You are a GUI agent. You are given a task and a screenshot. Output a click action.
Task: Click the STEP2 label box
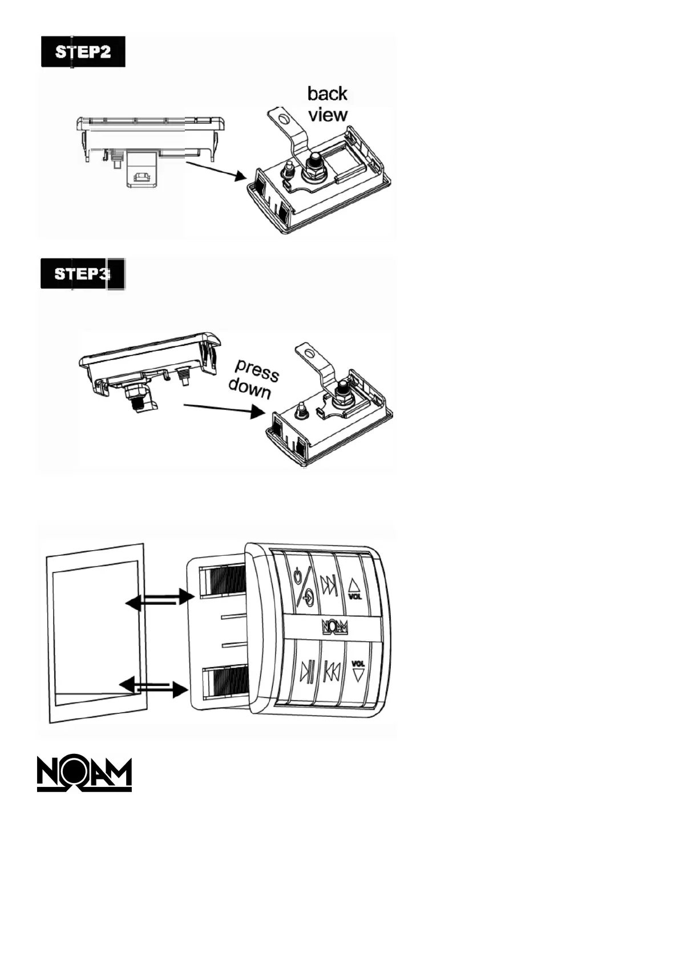click(83, 52)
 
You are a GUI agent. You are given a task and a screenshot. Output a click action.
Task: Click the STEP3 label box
click(83, 274)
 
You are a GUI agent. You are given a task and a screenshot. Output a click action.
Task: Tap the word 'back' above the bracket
click(327, 93)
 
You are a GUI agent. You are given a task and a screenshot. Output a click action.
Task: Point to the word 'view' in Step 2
click(328, 115)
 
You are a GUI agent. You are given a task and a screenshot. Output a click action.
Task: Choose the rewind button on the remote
click(331, 671)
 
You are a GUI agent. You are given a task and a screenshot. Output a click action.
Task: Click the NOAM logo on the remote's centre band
click(335, 627)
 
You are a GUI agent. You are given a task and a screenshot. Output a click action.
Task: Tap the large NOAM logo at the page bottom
click(84, 774)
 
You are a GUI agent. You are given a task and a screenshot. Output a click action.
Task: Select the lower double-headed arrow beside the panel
click(153, 687)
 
